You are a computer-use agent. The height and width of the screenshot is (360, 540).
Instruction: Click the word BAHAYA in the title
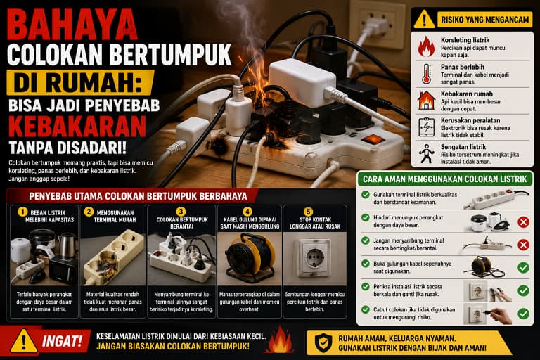(72, 25)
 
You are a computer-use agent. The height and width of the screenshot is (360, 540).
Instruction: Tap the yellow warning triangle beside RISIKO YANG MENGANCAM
(424, 19)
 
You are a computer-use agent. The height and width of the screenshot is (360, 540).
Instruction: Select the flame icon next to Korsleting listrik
(426, 46)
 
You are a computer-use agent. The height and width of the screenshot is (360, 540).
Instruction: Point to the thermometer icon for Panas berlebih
(426, 74)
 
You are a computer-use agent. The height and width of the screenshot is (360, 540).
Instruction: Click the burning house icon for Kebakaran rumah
(426, 101)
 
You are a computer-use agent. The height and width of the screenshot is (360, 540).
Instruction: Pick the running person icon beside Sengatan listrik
(426, 154)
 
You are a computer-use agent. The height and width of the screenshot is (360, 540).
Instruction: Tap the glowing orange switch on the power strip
(373, 139)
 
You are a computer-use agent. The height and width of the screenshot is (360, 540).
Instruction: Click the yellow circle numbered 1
(22, 212)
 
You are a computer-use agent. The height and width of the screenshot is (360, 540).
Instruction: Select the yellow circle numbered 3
(181, 211)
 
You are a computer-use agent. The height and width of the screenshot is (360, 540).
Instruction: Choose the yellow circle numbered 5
(308, 211)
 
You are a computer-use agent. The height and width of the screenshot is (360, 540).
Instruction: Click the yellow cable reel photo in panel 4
(250, 258)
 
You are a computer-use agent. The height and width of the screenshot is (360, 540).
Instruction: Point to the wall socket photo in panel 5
(315, 258)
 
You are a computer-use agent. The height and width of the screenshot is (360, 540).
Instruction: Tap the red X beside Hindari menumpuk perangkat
(523, 222)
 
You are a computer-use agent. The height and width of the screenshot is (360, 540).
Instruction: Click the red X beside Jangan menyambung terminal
(523, 245)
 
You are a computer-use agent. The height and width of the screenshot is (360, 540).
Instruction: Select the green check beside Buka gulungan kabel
(523, 268)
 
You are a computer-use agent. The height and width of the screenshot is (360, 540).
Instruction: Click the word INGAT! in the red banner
(62, 342)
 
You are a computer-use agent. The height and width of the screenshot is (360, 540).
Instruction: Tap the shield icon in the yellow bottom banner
(323, 343)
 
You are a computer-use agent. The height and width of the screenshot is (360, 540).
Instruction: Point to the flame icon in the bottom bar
(281, 340)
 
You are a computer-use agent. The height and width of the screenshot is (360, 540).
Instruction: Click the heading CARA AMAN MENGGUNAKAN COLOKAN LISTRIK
(444, 179)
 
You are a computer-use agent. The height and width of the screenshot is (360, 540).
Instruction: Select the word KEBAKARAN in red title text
(77, 127)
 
